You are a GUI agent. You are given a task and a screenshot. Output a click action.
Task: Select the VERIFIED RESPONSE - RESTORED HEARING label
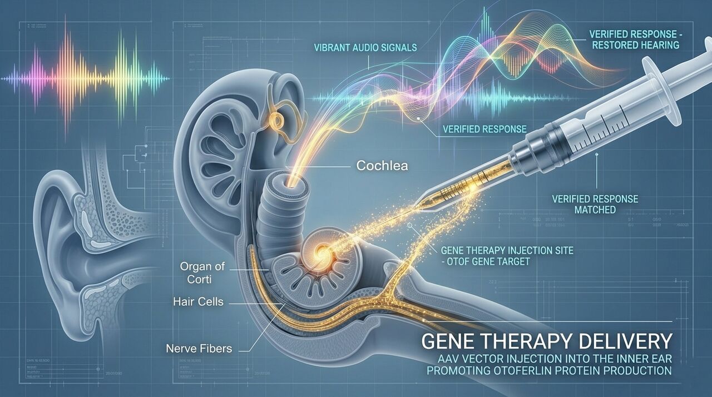tap(634, 39)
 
